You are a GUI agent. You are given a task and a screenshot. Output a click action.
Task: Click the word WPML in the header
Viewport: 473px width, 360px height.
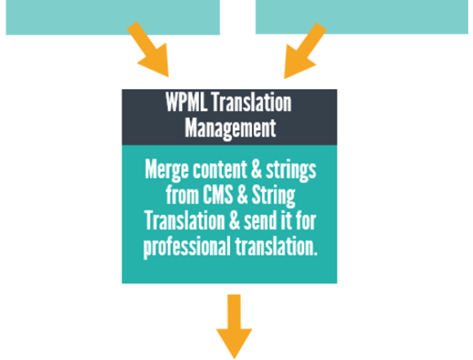pyautogui.click(x=186, y=102)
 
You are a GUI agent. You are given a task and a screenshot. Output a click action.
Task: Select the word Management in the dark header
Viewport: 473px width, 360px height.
pyautogui.click(x=230, y=129)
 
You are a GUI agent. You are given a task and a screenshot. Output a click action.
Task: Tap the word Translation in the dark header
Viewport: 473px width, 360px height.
pyautogui.click(x=251, y=102)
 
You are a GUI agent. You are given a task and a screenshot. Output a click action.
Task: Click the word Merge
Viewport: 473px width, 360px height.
pyautogui.click(x=167, y=170)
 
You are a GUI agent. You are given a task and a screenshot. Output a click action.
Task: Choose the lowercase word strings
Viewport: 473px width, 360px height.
pyautogui.click(x=291, y=171)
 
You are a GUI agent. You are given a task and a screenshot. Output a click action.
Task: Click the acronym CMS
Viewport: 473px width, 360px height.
pyautogui.click(x=218, y=195)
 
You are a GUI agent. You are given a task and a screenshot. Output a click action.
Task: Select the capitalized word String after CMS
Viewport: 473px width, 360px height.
pyautogui.click(x=273, y=196)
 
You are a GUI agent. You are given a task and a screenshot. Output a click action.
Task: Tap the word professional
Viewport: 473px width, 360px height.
pyautogui.click(x=187, y=247)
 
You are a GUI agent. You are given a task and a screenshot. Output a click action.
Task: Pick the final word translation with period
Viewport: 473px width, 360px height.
pyautogui.click(x=276, y=247)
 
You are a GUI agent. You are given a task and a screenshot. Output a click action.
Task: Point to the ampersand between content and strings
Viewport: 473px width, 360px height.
pyautogui.click(x=256, y=170)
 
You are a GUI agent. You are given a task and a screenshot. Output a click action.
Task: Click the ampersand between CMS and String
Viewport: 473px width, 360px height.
pyautogui.click(x=242, y=195)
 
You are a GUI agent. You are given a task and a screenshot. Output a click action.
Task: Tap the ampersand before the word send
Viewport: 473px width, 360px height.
pyautogui.click(x=234, y=221)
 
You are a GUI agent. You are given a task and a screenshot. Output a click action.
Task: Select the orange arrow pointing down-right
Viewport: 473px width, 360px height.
pyautogui.click(x=149, y=51)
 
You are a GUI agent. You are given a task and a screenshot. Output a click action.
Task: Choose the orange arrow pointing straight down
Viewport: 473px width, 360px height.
pyautogui.click(x=234, y=327)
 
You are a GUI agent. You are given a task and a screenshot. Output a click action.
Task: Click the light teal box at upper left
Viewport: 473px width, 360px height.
pyautogui.click(x=113, y=17)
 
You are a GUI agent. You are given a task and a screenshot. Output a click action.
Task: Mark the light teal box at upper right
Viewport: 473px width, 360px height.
pyautogui.click(x=362, y=17)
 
